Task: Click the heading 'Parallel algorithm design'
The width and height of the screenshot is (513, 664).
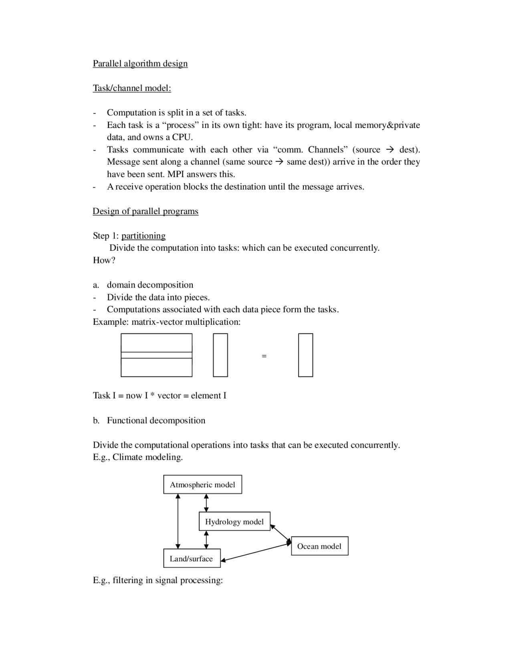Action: [140, 63]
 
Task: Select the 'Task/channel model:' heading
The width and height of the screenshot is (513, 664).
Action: [132, 88]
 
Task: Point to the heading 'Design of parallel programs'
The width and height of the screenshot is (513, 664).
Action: [145, 211]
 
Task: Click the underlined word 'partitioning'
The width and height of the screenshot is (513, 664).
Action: [143, 235]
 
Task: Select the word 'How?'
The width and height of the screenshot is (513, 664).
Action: [104, 260]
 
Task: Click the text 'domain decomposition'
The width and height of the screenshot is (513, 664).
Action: [150, 285]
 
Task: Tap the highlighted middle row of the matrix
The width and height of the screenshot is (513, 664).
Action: [156, 355]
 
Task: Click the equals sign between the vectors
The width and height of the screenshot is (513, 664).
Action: [264, 356]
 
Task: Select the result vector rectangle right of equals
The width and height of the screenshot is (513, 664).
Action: [305, 355]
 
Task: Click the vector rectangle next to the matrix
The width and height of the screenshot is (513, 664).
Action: [220, 355]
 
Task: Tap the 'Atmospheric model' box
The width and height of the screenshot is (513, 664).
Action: [202, 484]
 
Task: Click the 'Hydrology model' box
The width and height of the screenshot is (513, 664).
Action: [234, 521]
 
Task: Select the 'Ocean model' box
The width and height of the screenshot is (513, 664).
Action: [319, 546]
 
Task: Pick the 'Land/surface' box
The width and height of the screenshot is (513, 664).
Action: [192, 558]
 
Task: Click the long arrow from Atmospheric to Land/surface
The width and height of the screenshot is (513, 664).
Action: [178, 521]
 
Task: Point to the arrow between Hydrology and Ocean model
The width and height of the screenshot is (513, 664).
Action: [281, 534]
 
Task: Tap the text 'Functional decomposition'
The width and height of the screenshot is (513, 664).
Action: [156, 420]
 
